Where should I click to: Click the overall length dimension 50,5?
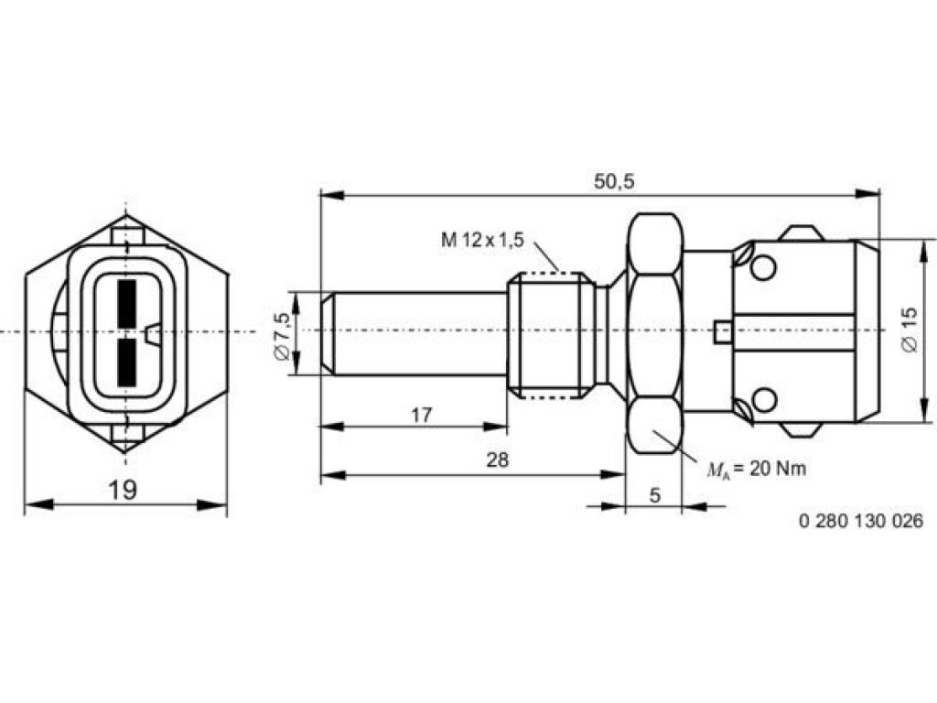pyautogui.click(x=614, y=182)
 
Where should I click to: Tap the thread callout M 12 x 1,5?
pyautogui.click(x=482, y=240)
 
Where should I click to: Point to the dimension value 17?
pyautogui.click(x=421, y=415)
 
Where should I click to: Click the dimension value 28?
pyautogui.click(x=497, y=460)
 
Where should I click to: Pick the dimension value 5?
pyautogui.click(x=655, y=495)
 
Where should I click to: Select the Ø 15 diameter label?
pyautogui.click(x=909, y=330)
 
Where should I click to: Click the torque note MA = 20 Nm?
pyautogui.click(x=757, y=470)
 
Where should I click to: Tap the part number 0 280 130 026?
pyautogui.click(x=861, y=521)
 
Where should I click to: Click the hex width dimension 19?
pyautogui.click(x=123, y=491)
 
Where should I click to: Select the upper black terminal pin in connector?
pyautogui.click(x=127, y=304)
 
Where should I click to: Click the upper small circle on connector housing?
pyautogui.click(x=763, y=267)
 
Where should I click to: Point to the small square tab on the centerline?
pyautogui.click(x=723, y=332)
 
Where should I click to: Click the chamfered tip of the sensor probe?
pyautogui.click(x=327, y=333)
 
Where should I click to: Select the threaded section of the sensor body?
pyautogui.click(x=550, y=334)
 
